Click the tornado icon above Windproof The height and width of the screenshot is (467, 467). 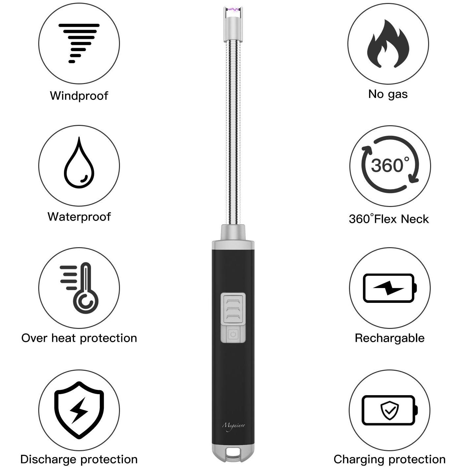79,43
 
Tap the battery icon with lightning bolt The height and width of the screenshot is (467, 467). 390,288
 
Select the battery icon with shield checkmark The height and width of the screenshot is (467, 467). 390,410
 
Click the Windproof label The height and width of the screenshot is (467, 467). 79,96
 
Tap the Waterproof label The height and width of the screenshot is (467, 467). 79,217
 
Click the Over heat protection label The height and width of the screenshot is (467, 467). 79,338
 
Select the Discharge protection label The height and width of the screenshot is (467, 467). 79,459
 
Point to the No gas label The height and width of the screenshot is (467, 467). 388,94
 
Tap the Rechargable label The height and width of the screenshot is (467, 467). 390,338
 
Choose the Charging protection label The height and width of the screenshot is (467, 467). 390,459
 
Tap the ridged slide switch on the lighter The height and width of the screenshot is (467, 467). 233,308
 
